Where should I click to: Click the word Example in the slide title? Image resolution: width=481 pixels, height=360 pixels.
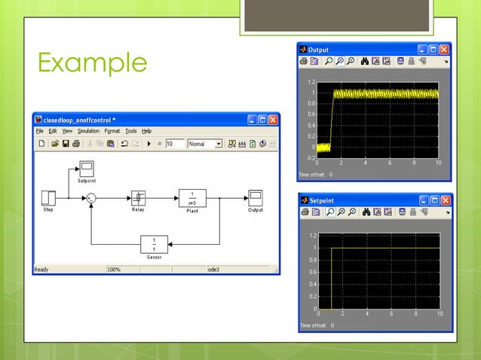(92, 63)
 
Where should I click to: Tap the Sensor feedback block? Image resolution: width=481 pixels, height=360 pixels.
(154, 244)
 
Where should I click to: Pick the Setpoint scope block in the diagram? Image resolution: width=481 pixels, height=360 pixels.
(87, 168)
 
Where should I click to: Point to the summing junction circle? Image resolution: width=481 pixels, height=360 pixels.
(91, 198)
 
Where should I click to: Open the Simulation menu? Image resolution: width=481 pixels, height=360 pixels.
(88, 131)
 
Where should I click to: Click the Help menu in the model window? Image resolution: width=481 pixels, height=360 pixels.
(147, 131)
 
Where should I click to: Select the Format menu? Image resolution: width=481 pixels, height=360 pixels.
(112, 131)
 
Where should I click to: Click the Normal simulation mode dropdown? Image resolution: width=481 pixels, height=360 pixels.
(204, 143)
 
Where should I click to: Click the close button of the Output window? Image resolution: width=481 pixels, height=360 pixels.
(444, 50)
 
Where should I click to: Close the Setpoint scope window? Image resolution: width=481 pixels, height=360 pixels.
(445, 200)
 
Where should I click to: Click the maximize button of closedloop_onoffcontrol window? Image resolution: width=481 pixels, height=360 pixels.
(262, 119)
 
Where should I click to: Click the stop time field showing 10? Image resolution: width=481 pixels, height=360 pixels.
(174, 143)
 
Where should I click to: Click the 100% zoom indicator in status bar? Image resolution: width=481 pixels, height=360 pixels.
(114, 269)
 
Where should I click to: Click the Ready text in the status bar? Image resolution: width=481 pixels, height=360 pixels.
(41, 269)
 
